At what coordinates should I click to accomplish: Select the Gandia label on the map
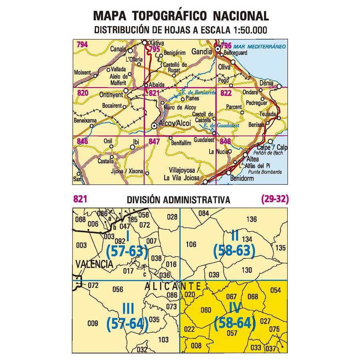coord(202,52)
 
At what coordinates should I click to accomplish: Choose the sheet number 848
coord(225,141)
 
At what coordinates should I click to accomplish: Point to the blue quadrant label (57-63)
coord(127,251)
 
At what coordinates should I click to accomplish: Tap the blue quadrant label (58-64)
coord(234,322)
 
